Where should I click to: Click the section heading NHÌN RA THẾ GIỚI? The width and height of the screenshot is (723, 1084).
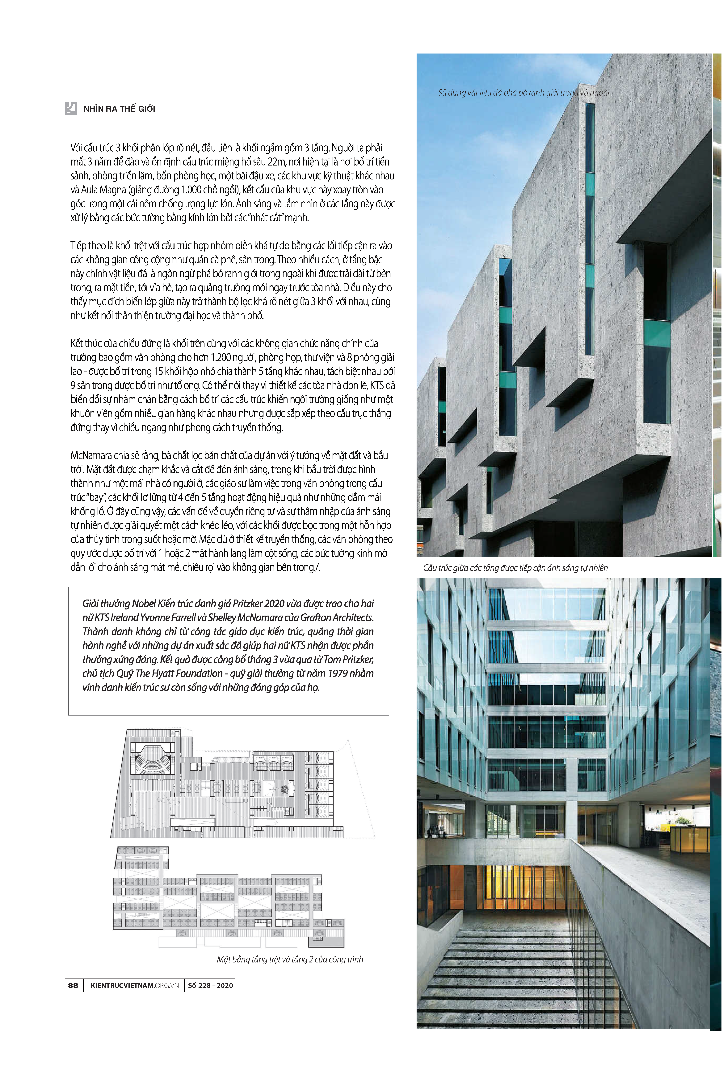(x=119, y=109)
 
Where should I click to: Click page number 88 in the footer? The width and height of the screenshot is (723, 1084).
(x=73, y=985)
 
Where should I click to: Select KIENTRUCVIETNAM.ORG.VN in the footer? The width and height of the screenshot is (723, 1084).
(x=135, y=985)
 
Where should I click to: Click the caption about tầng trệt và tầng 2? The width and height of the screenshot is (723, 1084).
(x=290, y=959)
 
